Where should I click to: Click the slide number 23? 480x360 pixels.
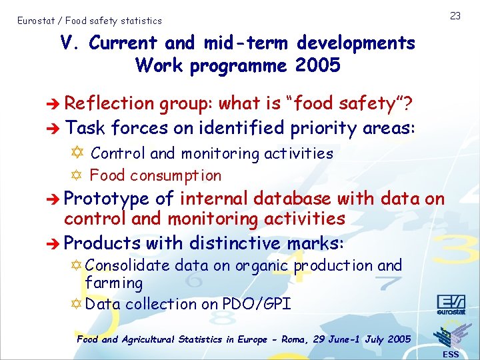[455, 15]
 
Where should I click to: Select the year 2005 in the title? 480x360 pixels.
[317, 66]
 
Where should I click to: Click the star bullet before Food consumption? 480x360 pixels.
[79, 176]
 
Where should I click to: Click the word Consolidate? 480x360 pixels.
[128, 265]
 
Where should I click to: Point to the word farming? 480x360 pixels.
[114, 283]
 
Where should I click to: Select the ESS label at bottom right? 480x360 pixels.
[451, 354]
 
